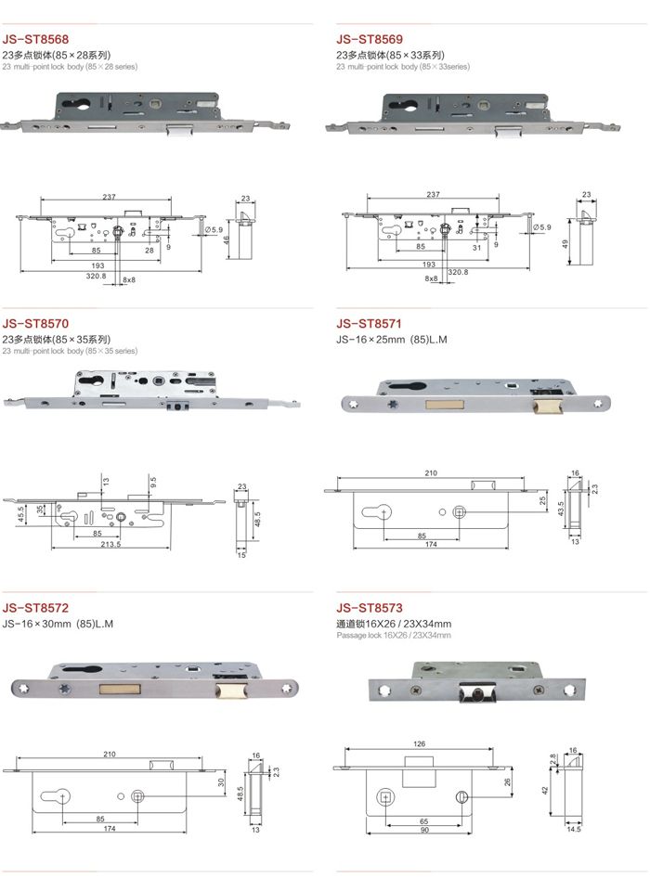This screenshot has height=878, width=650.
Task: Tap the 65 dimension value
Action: click(x=422, y=822)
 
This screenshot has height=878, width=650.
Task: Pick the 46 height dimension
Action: click(x=227, y=239)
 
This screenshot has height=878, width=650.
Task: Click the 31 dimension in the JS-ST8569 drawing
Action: click(x=474, y=247)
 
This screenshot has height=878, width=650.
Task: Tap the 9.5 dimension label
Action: click(x=153, y=482)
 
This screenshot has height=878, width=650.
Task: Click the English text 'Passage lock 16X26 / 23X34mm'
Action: click(x=394, y=635)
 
